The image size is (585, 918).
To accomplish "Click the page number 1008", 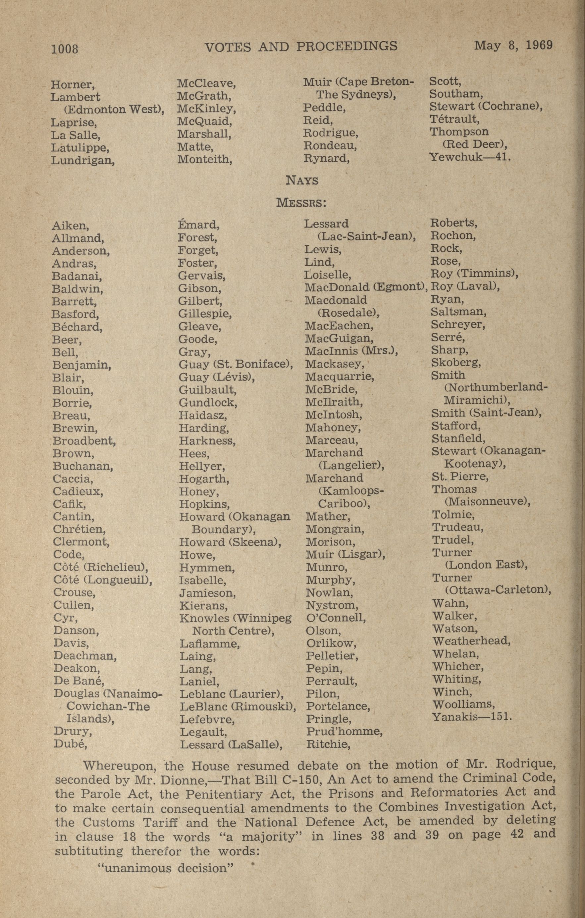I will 65,49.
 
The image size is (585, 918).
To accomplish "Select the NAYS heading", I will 302,180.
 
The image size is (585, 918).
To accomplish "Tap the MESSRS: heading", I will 301,202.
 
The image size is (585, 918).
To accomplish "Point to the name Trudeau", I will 457,527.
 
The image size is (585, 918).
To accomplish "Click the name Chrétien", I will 79,529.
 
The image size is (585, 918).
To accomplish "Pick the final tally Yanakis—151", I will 471,717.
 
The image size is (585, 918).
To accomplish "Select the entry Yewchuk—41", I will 470,157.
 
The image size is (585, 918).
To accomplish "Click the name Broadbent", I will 84,441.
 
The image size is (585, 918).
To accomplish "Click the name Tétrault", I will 454,119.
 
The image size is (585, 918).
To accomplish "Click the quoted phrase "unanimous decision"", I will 166,857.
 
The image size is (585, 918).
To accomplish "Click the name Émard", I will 198,225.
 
